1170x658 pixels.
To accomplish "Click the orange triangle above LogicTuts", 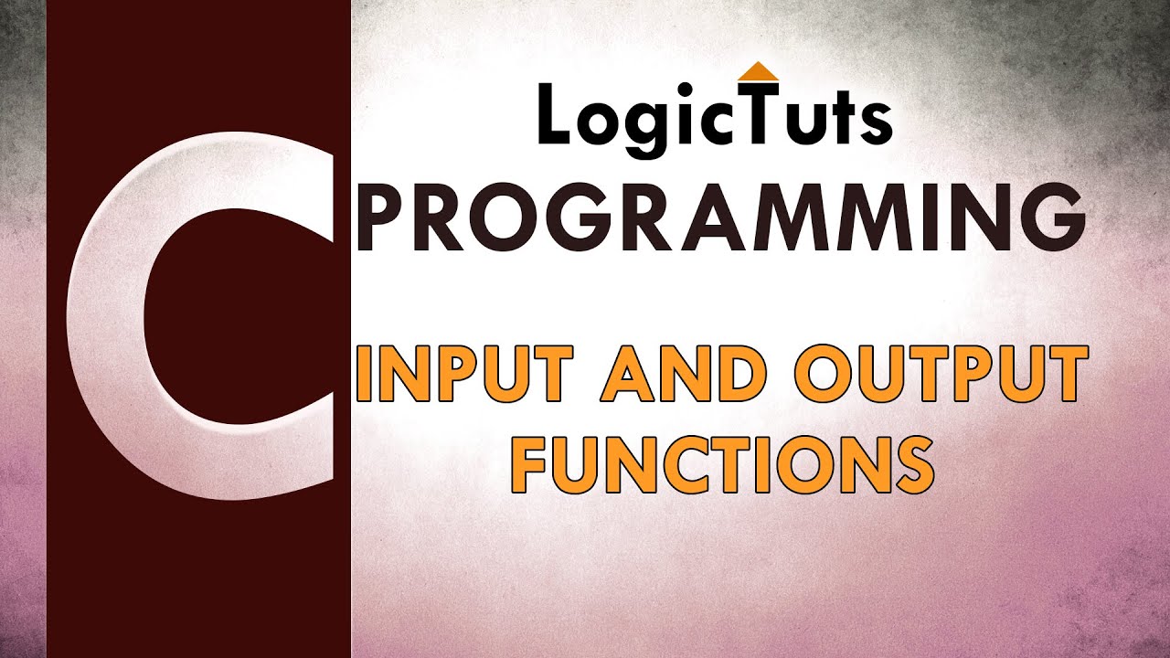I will tap(756, 72).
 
